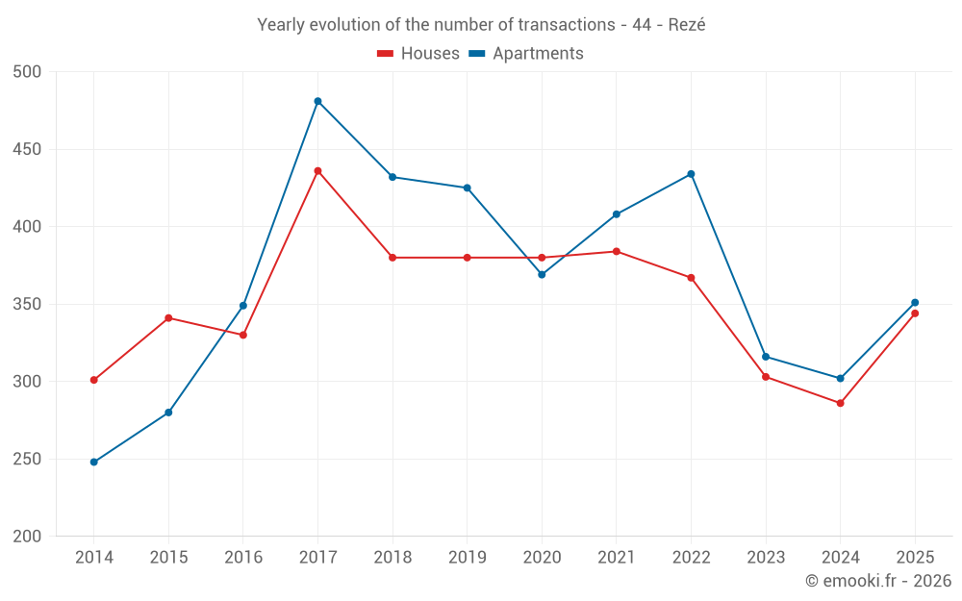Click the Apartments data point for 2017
click(x=317, y=101)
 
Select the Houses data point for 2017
click(x=317, y=171)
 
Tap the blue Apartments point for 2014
click(x=94, y=462)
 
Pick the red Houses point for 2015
click(x=168, y=317)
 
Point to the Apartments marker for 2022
click(x=691, y=174)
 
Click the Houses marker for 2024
click(x=841, y=403)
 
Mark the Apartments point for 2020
click(x=542, y=275)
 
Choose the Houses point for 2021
click(x=617, y=251)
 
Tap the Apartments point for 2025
click(x=915, y=302)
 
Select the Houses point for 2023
click(x=766, y=377)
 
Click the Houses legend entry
click(x=418, y=53)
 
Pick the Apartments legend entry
click(x=526, y=53)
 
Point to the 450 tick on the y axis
click(x=27, y=149)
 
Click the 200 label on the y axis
click(x=27, y=536)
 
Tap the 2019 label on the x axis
click(x=467, y=557)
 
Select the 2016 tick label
click(x=243, y=557)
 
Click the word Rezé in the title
click(x=687, y=25)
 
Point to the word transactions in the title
click(x=567, y=25)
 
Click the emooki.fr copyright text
click(x=878, y=580)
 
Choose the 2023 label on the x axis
click(x=766, y=557)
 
